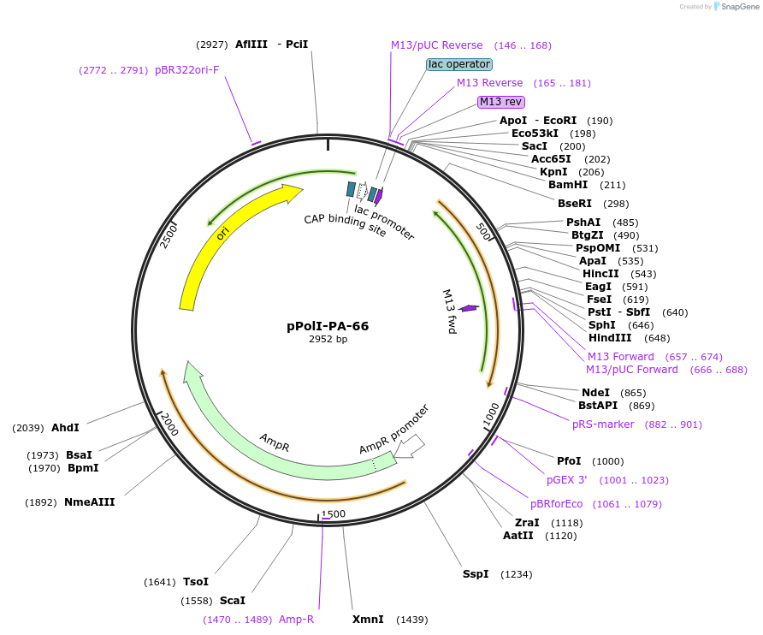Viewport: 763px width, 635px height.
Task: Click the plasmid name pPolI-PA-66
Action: [x=328, y=326]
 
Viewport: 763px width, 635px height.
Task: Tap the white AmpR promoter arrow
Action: [x=411, y=445]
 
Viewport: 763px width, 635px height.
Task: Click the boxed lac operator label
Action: [x=459, y=64]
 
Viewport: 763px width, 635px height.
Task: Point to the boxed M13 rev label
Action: [x=500, y=102]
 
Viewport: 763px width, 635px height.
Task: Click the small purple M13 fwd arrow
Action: [x=469, y=308]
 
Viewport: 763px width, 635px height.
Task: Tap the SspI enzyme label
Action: [x=476, y=573]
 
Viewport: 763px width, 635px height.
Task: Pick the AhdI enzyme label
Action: [x=65, y=427]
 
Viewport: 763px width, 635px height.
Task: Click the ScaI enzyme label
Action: [x=232, y=601]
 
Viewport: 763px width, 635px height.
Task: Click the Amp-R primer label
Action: [x=296, y=620]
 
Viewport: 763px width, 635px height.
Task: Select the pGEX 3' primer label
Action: [x=567, y=480]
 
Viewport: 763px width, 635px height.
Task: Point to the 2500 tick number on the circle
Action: [x=169, y=235]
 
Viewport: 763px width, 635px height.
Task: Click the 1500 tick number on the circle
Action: [x=334, y=514]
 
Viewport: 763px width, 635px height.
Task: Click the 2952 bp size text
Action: [x=328, y=339]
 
